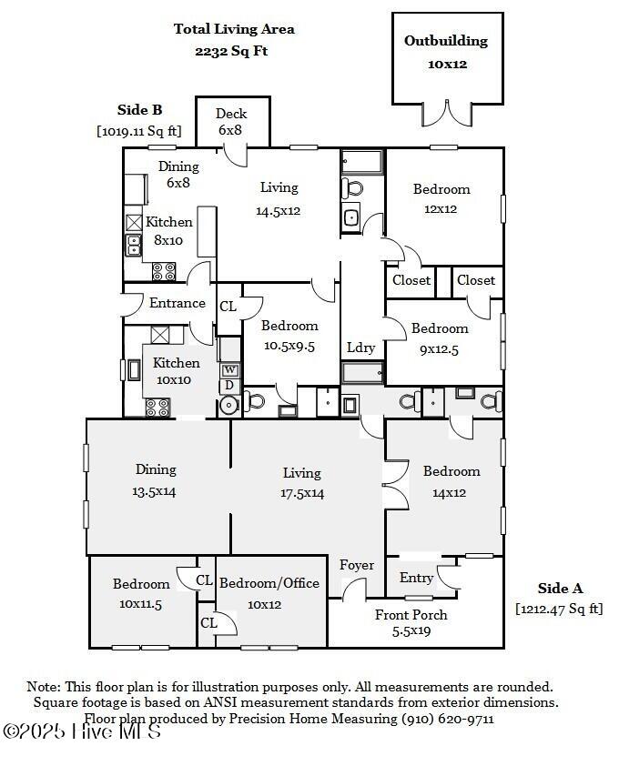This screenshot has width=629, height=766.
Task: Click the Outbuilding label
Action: (446, 41)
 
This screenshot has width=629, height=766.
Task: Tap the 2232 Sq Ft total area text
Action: (231, 51)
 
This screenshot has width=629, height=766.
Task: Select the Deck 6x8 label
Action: (230, 122)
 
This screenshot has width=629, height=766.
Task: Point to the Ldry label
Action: (360, 348)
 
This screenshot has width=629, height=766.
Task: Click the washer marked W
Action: (230, 370)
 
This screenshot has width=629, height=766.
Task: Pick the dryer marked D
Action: (229, 386)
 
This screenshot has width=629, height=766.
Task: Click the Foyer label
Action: (357, 566)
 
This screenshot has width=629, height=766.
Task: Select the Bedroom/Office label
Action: (269, 583)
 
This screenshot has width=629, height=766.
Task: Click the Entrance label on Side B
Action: (177, 303)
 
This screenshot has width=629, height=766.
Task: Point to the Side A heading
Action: (560, 589)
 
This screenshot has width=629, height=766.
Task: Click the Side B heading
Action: (139, 110)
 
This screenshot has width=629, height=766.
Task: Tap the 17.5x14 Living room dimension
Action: (302, 493)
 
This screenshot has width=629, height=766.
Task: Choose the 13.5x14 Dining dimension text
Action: (154, 491)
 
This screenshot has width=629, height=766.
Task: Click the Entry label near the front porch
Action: (416, 579)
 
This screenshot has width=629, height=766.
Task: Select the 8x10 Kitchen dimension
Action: (168, 240)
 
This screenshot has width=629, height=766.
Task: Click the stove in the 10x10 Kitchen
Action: (157, 408)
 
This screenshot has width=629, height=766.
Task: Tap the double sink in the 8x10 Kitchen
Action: (134, 245)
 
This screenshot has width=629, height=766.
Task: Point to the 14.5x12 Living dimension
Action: (279, 211)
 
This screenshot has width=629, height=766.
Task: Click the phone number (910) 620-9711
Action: (448, 719)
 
